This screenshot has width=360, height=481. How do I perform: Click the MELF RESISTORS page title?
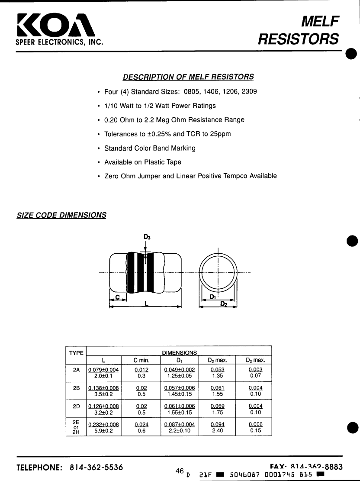click(299, 30)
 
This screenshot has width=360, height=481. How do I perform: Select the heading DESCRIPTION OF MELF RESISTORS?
click(188, 77)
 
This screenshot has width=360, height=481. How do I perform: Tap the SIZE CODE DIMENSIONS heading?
click(61, 215)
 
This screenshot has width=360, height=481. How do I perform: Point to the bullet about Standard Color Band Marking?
click(150, 148)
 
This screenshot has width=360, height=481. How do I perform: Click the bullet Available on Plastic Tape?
click(143, 162)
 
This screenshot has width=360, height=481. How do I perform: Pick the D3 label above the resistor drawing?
click(147, 237)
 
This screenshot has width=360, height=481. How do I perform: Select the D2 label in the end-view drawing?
click(224, 304)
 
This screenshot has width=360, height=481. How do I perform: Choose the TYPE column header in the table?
click(76, 353)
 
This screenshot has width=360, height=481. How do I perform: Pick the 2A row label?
click(76, 370)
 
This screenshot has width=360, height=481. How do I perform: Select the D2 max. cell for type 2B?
click(217, 391)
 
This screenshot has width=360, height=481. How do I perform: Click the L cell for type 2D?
click(103, 410)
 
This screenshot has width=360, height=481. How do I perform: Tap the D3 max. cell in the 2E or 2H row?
click(255, 428)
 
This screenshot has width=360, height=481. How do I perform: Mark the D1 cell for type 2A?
click(180, 373)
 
